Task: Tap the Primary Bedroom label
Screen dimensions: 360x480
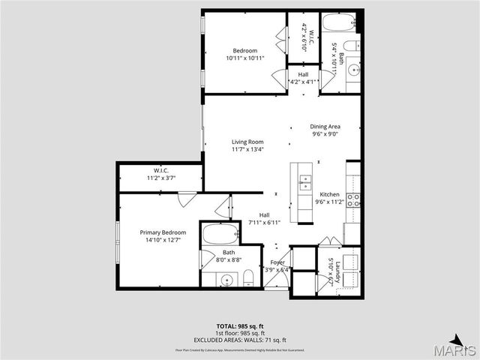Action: click(x=163, y=236)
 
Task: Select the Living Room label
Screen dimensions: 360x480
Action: click(x=247, y=145)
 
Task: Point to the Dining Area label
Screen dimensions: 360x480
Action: click(x=325, y=130)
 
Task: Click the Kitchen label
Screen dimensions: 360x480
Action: click(x=329, y=198)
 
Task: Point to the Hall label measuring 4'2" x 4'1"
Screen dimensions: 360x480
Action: click(x=303, y=78)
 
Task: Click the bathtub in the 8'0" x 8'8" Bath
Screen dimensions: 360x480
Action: click(x=220, y=234)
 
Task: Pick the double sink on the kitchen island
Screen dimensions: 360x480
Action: click(x=305, y=180)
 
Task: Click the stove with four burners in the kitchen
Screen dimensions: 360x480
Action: click(x=352, y=199)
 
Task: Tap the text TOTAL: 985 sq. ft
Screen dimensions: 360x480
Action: click(x=239, y=327)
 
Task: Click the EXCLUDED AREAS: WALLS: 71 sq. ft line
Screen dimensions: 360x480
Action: click(x=239, y=340)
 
